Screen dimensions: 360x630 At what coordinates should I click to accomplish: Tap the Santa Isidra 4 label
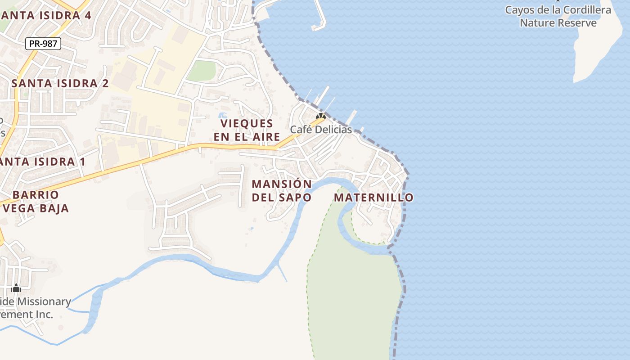coord(46,15)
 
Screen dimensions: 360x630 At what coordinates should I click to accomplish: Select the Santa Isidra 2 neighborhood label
coord(60,83)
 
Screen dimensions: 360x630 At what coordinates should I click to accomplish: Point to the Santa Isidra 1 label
coord(43,162)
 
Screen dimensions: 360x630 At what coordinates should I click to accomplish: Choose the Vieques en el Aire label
coord(247,130)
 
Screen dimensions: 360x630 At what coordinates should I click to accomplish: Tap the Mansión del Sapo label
coord(282,191)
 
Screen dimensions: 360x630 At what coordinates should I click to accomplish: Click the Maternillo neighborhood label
coord(373,198)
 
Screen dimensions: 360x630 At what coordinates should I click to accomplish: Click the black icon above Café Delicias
coord(320,116)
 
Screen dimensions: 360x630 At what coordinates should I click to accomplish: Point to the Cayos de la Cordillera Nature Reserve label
coord(558,16)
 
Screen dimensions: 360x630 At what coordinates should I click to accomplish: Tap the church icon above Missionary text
coord(16,288)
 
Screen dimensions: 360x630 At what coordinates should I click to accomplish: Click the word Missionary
coord(43,301)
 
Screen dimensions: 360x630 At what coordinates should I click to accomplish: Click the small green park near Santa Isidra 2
coord(202,71)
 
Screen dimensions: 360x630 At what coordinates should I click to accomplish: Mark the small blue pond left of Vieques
coord(222,116)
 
